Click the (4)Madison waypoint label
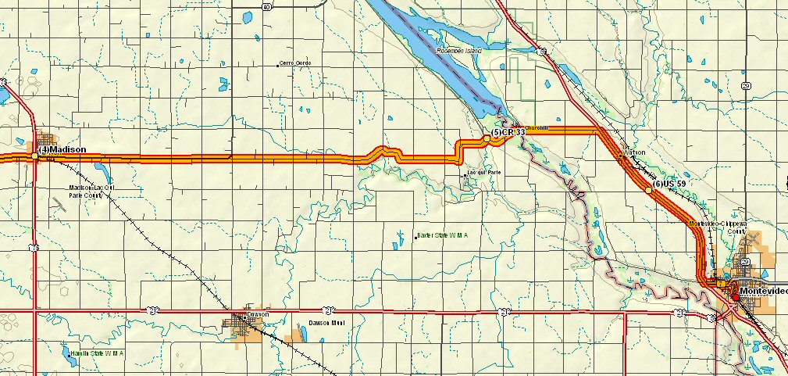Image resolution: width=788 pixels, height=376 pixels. [62, 149]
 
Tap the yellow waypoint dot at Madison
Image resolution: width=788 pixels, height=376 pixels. [35, 156]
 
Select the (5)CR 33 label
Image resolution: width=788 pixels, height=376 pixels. [508, 134]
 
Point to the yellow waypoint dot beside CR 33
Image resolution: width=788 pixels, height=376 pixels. [486, 138]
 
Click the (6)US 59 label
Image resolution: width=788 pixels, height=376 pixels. [669, 184]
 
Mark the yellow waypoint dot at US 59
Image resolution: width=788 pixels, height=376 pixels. [648, 190]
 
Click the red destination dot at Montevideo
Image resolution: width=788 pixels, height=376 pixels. [735, 296]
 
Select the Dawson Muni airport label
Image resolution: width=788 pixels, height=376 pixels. [326, 322]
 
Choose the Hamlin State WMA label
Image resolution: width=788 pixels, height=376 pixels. [98, 353]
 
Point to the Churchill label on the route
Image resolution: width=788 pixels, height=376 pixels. [537, 127]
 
